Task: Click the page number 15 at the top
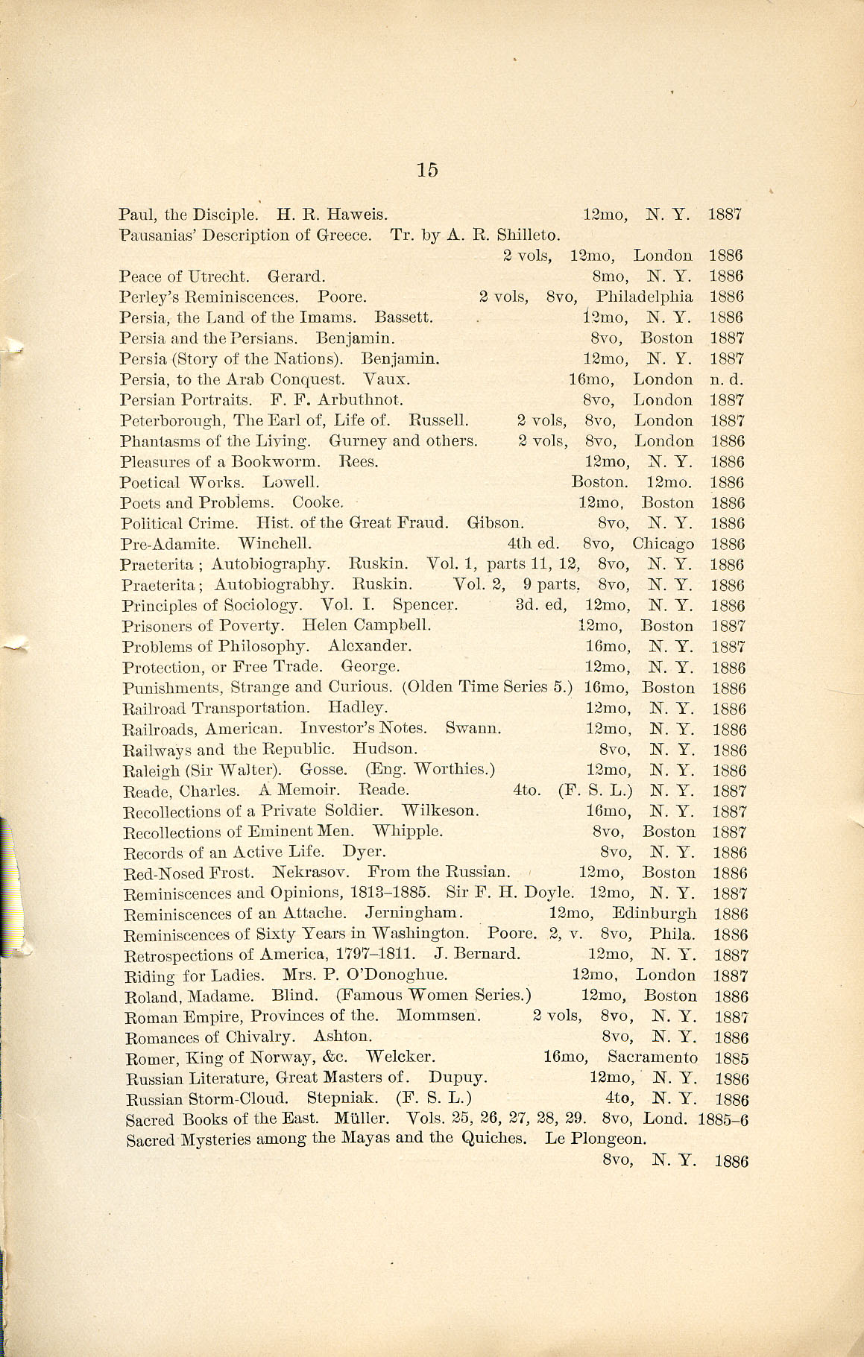pyautogui.click(x=427, y=170)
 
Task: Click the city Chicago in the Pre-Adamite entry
pyautogui.click(x=663, y=544)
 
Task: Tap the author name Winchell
pyautogui.click(x=274, y=544)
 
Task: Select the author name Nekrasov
pyautogui.click(x=313, y=873)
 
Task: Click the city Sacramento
pyautogui.click(x=652, y=1057)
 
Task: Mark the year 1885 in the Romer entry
pyautogui.click(x=731, y=1058)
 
